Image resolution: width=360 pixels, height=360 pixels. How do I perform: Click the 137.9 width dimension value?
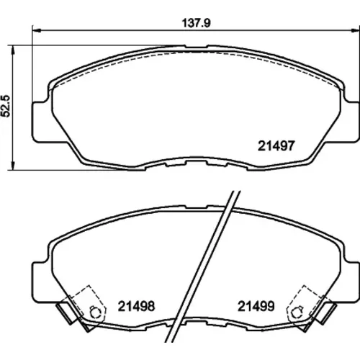click(196, 23)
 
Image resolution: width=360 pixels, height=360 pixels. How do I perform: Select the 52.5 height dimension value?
click(6, 106)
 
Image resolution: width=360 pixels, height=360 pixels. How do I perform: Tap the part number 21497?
click(276, 145)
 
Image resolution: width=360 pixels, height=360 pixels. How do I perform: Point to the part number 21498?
click(136, 306)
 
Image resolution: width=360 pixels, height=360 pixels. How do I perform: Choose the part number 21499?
click(256, 306)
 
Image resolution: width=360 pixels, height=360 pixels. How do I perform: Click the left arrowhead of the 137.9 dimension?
click(37, 30)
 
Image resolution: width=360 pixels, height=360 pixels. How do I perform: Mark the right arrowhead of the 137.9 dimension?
click(355, 30)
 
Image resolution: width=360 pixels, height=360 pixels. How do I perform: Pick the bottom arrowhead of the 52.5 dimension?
click(13, 166)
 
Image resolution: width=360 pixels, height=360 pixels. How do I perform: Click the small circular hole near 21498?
click(95, 312)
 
